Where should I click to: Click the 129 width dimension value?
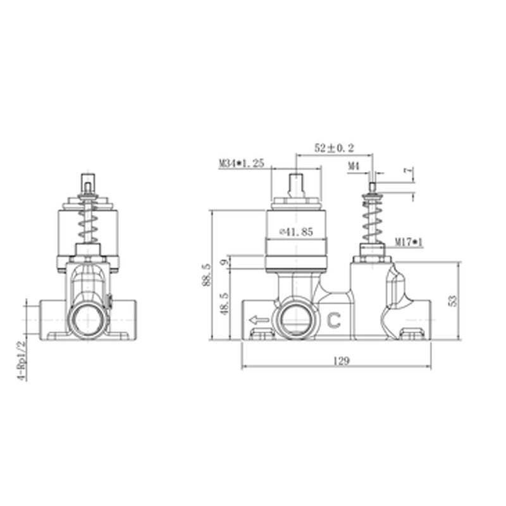pyautogui.click(x=342, y=361)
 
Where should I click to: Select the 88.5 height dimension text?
pyautogui.click(x=205, y=275)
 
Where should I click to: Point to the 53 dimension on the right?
pyautogui.click(x=452, y=300)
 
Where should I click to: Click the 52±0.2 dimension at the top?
pyautogui.click(x=335, y=148)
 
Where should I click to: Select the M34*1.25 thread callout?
pyautogui.click(x=241, y=163)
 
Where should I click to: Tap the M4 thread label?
pyautogui.click(x=354, y=166)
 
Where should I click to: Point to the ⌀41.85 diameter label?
pyautogui.click(x=296, y=232)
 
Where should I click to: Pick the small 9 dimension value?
pyautogui.click(x=223, y=262)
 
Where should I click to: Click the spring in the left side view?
pyautogui.click(x=89, y=224)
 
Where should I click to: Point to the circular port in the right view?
pyautogui.click(x=295, y=320)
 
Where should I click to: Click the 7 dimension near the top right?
pyautogui.click(x=409, y=172)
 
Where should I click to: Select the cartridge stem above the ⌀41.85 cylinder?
pyautogui.click(x=295, y=185)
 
